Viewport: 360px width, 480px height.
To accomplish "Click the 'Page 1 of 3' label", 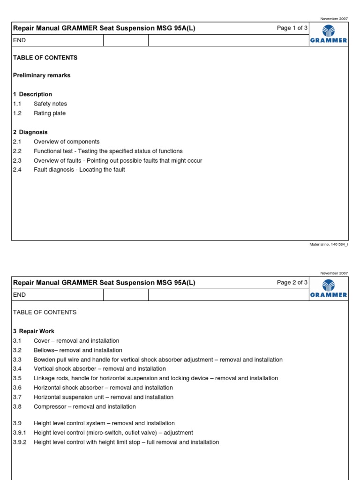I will (292, 28).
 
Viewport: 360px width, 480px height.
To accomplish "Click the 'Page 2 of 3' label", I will (292, 282).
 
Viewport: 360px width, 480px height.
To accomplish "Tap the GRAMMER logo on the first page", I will (328, 34).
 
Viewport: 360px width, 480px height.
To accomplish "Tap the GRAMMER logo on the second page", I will (328, 289).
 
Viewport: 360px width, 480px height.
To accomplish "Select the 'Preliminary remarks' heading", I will (42, 75).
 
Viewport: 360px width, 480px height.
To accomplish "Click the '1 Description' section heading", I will (32, 94).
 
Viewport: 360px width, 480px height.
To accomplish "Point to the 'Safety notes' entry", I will (50, 104).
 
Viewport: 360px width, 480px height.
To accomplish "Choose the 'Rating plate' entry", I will (50, 113).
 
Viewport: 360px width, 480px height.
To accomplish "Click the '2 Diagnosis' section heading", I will (30, 132).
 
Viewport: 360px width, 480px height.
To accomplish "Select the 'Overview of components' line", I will (67, 142).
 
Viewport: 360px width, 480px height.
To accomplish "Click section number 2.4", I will (17, 170).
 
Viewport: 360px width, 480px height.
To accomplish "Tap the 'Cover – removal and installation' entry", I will (76, 341).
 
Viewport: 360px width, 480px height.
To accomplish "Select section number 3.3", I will (17, 360).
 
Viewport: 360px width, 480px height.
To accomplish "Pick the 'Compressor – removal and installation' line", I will (85, 406).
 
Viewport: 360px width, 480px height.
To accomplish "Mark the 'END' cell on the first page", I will (19, 40).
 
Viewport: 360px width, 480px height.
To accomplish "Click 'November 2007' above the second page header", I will (334, 273).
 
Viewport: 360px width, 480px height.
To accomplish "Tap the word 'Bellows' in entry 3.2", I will (44, 350).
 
